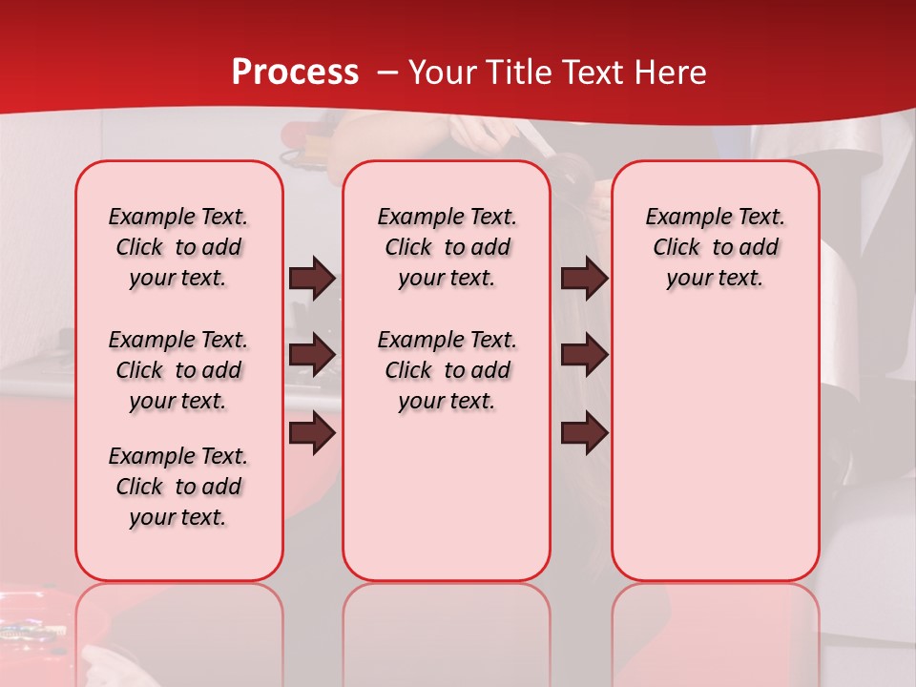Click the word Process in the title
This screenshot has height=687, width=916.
click(x=295, y=73)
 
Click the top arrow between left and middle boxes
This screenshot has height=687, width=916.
click(x=312, y=279)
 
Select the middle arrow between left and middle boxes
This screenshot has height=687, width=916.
click(x=312, y=356)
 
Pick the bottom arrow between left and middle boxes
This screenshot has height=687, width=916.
click(x=312, y=433)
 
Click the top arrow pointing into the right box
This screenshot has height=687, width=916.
click(x=584, y=279)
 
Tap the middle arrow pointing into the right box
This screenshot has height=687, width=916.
click(x=584, y=356)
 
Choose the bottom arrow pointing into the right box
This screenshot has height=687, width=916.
click(x=584, y=433)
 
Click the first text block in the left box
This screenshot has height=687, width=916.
click(x=178, y=247)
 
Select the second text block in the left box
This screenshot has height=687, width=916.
click(x=178, y=370)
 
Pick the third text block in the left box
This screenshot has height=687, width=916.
click(x=178, y=487)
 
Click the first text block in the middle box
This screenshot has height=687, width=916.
click(x=447, y=247)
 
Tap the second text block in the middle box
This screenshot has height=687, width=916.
click(x=447, y=370)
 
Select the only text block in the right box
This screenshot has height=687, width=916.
click(x=715, y=247)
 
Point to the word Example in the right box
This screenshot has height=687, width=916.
click(x=680, y=218)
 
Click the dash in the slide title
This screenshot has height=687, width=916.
click(x=387, y=73)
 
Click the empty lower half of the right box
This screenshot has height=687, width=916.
click(x=715, y=458)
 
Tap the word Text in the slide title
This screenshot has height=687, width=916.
click(x=595, y=73)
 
